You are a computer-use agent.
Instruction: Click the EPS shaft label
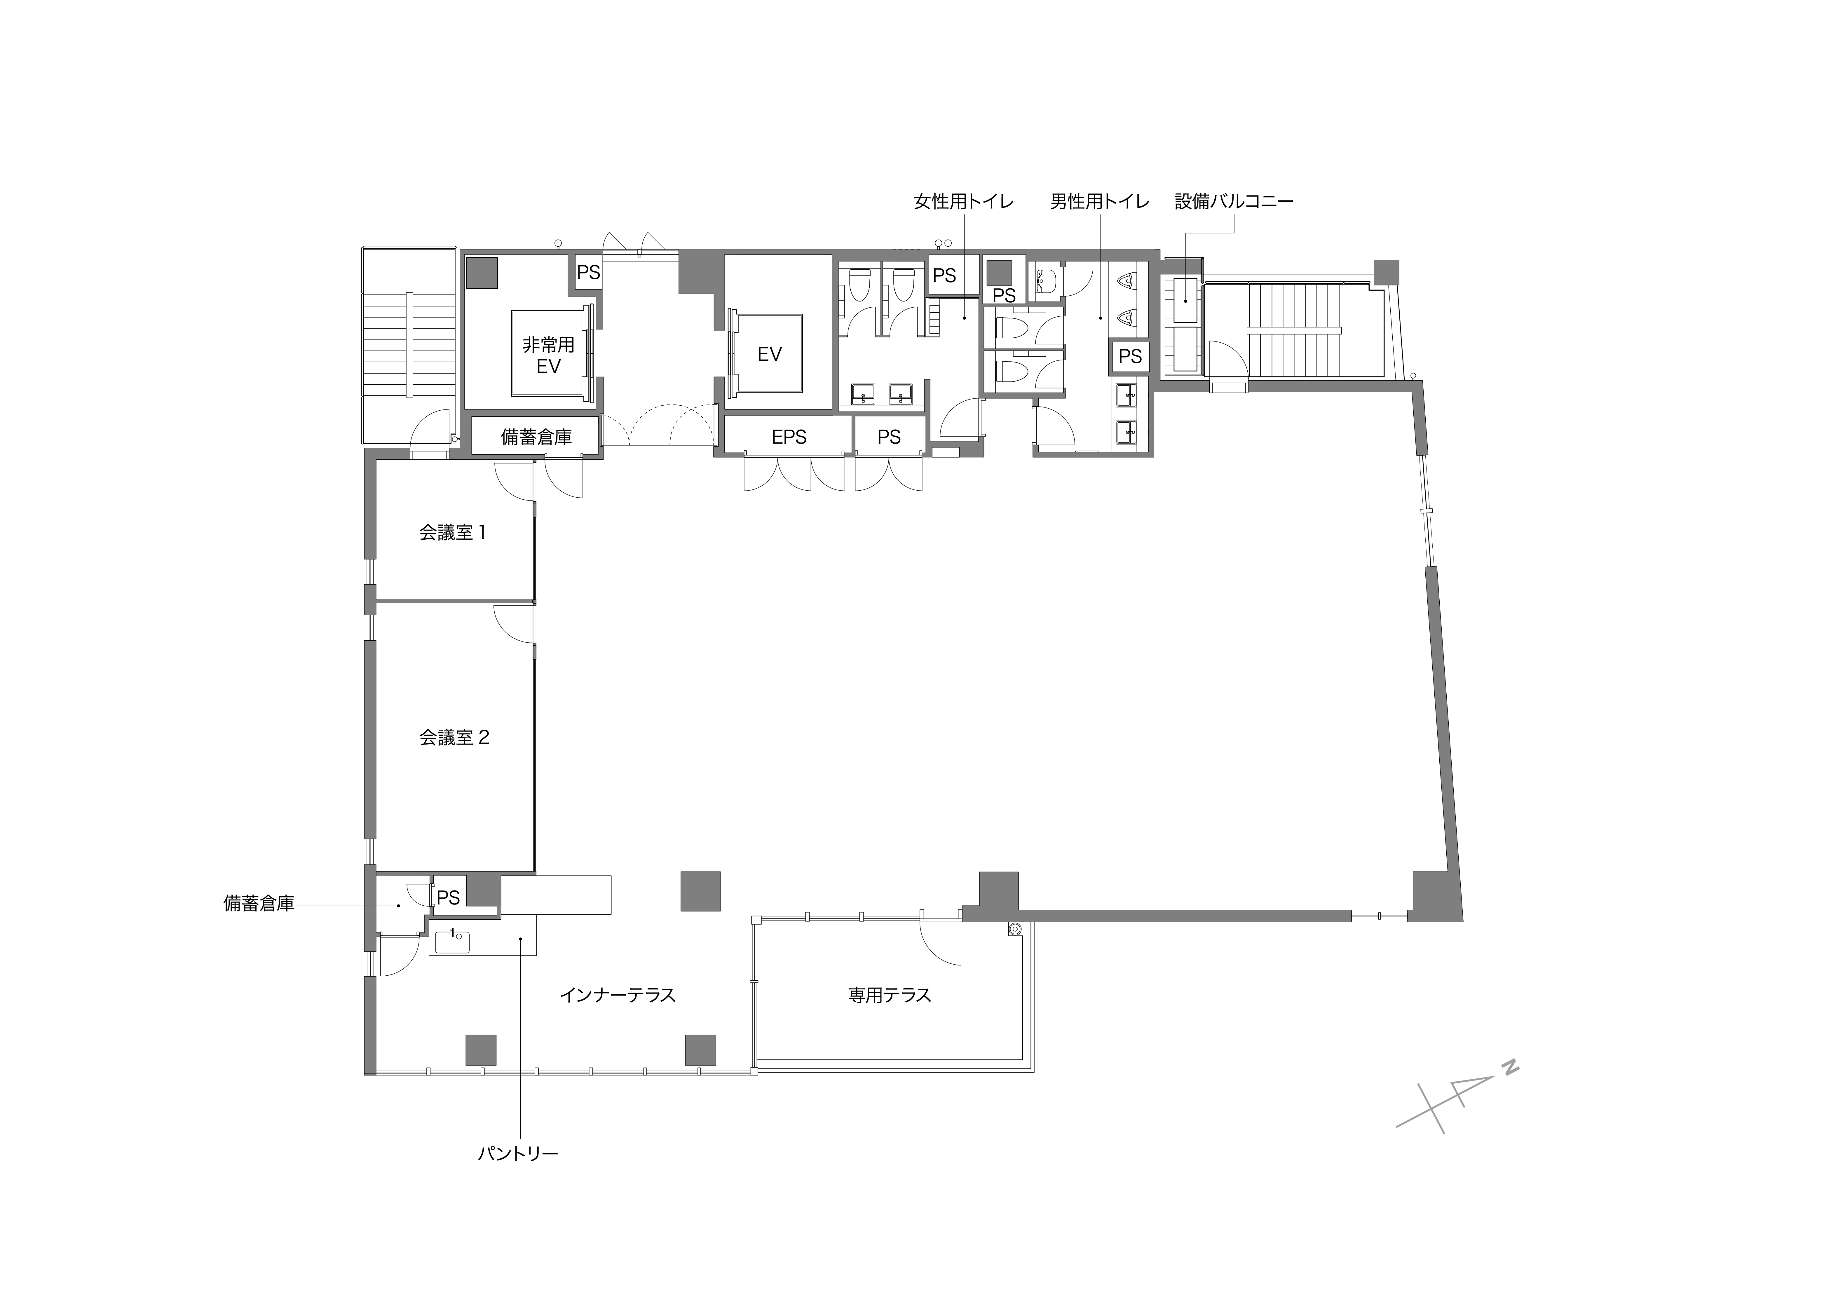(x=789, y=437)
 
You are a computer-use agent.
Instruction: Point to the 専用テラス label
(x=890, y=995)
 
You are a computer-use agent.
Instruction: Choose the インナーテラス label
(x=617, y=995)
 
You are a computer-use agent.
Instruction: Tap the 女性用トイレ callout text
(x=964, y=202)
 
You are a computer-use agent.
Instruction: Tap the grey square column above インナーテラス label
(x=701, y=891)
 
